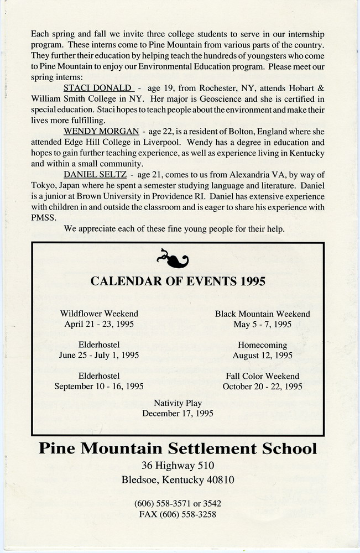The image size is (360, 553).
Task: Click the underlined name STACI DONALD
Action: click(x=97, y=87)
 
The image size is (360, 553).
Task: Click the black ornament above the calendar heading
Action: click(x=173, y=257)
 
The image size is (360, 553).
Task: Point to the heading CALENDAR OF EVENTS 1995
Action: click(x=178, y=281)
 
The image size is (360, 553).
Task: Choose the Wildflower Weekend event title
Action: click(x=99, y=314)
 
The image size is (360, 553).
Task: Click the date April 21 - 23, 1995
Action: click(x=99, y=325)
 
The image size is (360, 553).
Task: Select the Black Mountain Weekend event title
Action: click(x=262, y=314)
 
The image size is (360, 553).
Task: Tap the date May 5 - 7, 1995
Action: click(x=262, y=325)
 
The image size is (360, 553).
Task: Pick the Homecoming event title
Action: click(x=262, y=345)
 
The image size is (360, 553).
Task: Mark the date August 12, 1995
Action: click(x=262, y=356)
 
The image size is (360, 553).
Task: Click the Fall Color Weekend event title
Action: click(x=262, y=376)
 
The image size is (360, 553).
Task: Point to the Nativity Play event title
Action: click(x=178, y=403)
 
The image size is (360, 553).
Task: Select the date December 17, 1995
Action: click(x=178, y=413)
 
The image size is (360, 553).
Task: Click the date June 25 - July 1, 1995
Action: click(x=99, y=356)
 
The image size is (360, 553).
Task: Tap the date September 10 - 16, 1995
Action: click(x=99, y=387)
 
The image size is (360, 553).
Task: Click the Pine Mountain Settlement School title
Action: click(x=178, y=448)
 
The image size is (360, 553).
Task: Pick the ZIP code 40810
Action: click(x=220, y=480)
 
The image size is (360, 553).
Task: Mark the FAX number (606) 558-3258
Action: click(x=178, y=514)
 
